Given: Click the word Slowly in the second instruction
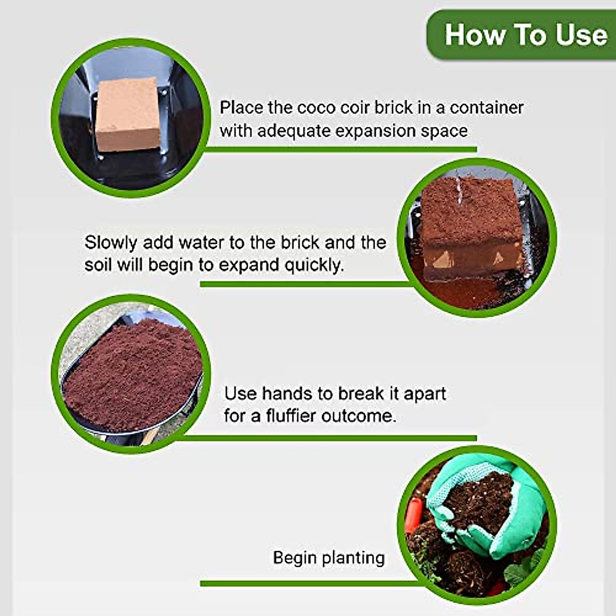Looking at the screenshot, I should [110, 242].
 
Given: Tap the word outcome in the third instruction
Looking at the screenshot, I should [359, 416].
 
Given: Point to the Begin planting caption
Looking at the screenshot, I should [329, 557].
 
